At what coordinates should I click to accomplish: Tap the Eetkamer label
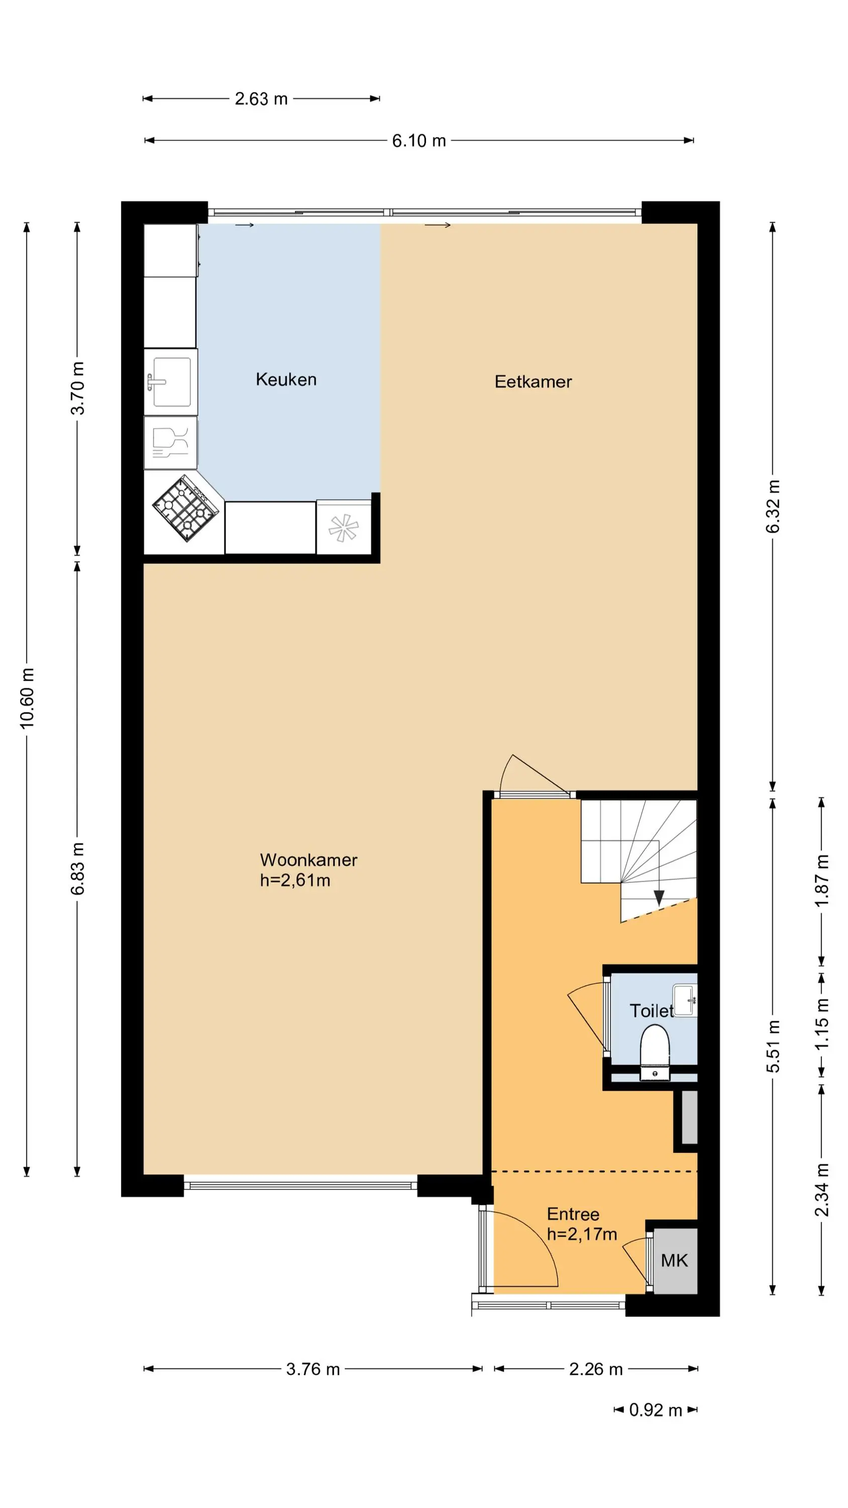[533, 382]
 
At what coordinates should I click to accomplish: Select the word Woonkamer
[308, 860]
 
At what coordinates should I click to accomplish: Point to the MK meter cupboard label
[674, 1260]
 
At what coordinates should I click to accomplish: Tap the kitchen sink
[170, 382]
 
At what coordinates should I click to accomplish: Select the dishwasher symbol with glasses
[170, 442]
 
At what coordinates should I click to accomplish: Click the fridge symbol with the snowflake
[344, 527]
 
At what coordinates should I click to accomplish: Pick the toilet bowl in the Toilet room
[654, 1052]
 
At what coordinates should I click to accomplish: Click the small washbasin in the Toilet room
[685, 1000]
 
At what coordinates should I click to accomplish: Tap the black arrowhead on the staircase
[659, 898]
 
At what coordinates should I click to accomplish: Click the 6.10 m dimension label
[419, 141]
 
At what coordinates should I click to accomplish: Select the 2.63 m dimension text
[261, 99]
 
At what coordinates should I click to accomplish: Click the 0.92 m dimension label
[656, 1410]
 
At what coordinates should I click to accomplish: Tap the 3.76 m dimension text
[312, 1369]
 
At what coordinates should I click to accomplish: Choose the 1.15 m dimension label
[822, 1024]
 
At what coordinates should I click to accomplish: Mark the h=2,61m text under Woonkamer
[295, 881]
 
